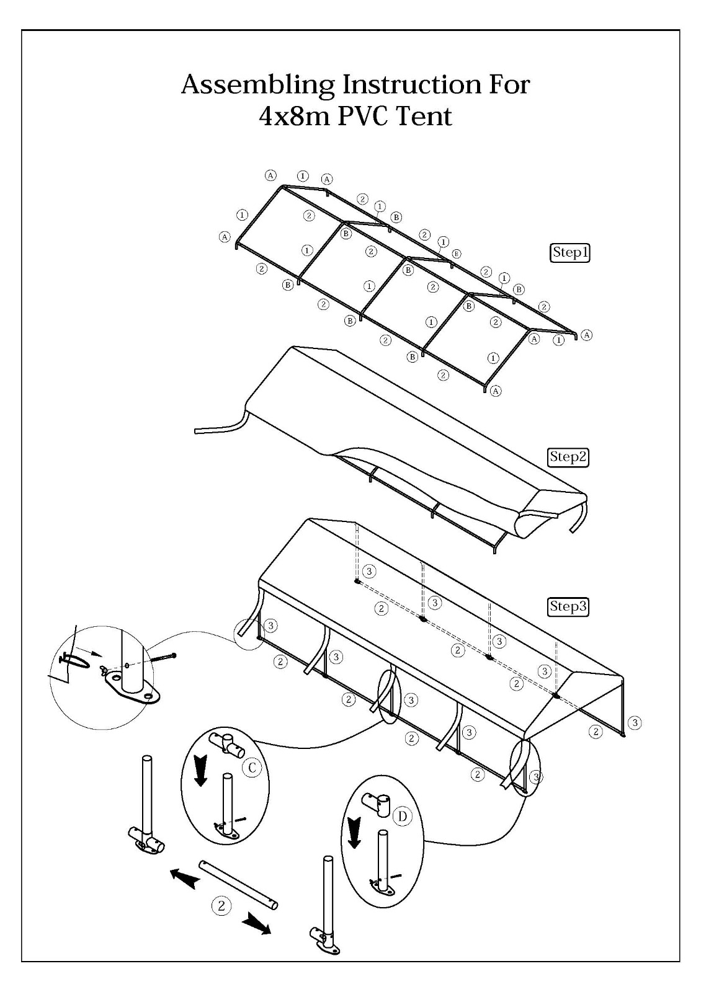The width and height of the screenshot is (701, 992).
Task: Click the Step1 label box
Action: tap(570, 252)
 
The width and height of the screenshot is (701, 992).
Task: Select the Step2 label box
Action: tap(568, 456)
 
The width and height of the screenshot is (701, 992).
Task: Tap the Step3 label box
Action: tap(568, 606)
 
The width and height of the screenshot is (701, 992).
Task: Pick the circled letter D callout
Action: tap(402, 816)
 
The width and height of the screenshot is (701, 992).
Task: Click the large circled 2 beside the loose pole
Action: tap(221, 905)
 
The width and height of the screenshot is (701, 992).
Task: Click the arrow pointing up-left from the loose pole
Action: tap(183, 878)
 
